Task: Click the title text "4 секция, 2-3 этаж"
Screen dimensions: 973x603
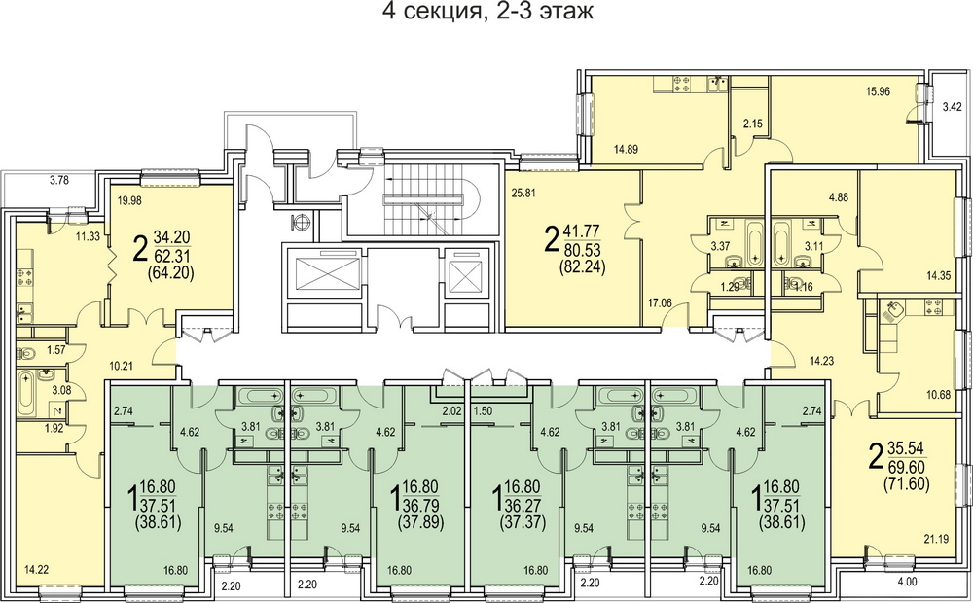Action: tap(487, 11)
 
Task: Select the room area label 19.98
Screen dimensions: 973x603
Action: tap(131, 200)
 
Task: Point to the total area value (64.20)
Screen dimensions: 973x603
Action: tap(170, 271)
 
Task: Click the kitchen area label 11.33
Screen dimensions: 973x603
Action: tap(89, 235)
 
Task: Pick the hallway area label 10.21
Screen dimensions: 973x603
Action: tap(122, 365)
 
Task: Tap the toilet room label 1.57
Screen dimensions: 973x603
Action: tap(55, 350)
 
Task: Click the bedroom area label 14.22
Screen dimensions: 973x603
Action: tap(37, 568)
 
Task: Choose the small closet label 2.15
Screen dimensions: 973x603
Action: tap(753, 124)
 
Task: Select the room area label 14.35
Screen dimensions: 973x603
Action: tap(939, 276)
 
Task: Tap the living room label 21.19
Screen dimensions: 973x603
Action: tap(936, 539)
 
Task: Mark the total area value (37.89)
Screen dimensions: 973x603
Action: tap(420, 522)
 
